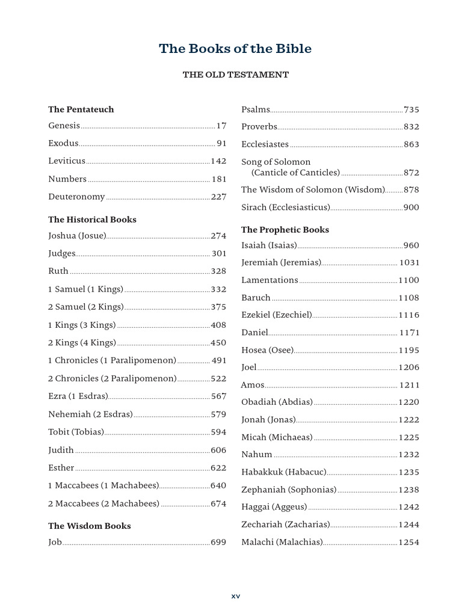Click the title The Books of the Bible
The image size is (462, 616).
click(235, 49)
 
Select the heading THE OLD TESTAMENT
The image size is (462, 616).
click(235, 75)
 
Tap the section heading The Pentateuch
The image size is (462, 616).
click(81, 109)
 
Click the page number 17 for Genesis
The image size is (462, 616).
click(221, 126)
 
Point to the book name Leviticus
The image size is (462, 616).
click(67, 161)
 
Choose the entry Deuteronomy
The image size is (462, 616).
click(76, 197)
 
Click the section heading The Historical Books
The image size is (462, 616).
click(92, 220)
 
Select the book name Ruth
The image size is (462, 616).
click(58, 271)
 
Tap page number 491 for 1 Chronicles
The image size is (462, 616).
click(218, 361)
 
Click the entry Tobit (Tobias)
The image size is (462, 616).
click(76, 432)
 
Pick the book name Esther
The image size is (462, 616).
click(61, 468)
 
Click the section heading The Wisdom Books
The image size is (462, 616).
click(89, 526)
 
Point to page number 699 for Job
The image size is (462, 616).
click(218, 543)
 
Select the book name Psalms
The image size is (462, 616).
click(256, 109)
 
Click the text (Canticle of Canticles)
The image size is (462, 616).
click(295, 173)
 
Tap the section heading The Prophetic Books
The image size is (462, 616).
click(285, 230)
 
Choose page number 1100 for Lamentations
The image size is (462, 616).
click(409, 280)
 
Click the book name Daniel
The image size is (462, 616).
click(254, 333)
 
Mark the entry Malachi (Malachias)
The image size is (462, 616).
click(282, 543)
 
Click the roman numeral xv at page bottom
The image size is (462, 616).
click(236, 596)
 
